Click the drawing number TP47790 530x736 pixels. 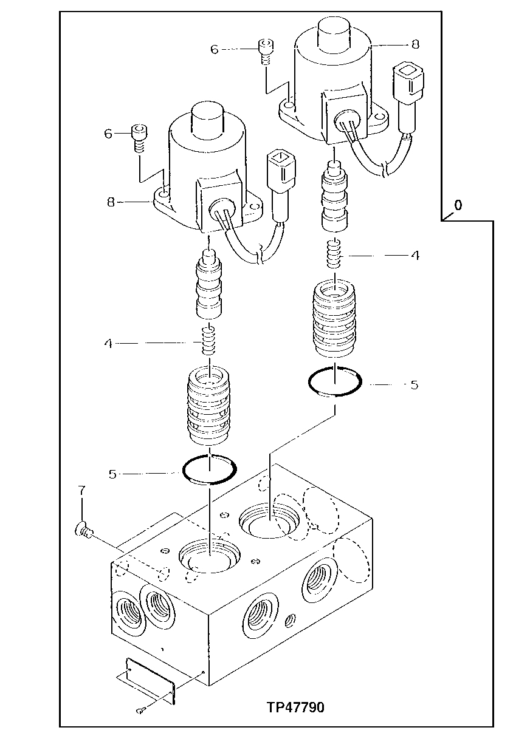tap(295, 707)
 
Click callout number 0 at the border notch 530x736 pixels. tap(457, 205)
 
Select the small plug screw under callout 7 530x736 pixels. tap(83, 532)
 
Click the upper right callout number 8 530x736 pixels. tap(415, 44)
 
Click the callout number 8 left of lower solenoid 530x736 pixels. tap(111, 202)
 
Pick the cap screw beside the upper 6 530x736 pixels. tap(264, 49)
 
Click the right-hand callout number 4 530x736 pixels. tap(415, 256)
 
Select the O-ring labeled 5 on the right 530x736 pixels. tap(336, 383)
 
